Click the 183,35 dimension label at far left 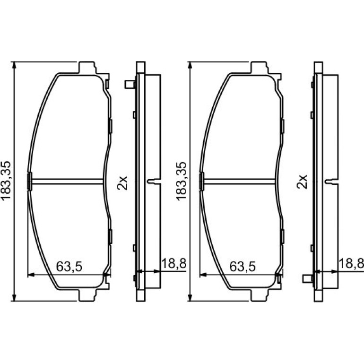coord(6,181)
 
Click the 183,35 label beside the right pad coord(182,181)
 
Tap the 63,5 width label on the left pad coord(69,267)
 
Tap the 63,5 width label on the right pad coord(243,267)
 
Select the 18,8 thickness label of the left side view coord(174,263)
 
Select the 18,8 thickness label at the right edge coord(351,263)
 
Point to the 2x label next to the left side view coord(122,182)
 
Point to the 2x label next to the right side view coord(302,182)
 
